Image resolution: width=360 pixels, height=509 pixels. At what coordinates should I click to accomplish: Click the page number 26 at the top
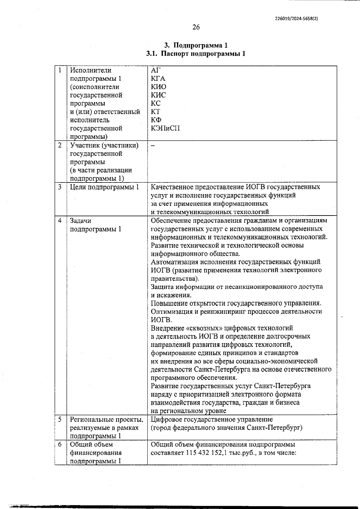pos(196,27)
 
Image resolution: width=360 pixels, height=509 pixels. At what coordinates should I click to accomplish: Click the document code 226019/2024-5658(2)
pos(296,18)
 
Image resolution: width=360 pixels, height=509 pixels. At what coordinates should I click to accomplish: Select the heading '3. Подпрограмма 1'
pos(196,45)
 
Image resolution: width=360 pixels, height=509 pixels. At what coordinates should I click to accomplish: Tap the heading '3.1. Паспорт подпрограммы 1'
pos(196,54)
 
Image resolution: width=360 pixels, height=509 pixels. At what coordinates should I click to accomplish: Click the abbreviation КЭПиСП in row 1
pos(165,128)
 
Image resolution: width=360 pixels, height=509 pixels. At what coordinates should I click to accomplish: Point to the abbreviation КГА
pos(158,79)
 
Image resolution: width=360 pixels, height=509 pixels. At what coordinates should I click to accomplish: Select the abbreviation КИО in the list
pos(158,87)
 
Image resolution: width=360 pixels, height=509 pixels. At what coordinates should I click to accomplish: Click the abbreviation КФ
pos(156,120)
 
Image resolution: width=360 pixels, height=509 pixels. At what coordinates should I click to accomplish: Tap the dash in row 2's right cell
pos(153,146)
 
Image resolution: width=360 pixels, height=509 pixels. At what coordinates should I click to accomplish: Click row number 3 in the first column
pos(60,187)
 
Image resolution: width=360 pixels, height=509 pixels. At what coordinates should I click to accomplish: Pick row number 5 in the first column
pos(60,420)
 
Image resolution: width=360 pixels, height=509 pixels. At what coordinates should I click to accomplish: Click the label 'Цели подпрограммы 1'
pos(104,187)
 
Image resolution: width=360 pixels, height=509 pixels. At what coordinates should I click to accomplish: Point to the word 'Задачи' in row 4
pos(80,221)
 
